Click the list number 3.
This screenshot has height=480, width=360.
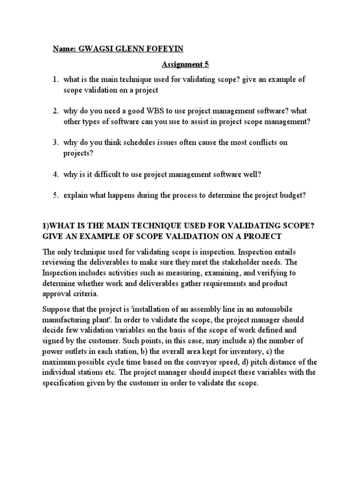point(55,142)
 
